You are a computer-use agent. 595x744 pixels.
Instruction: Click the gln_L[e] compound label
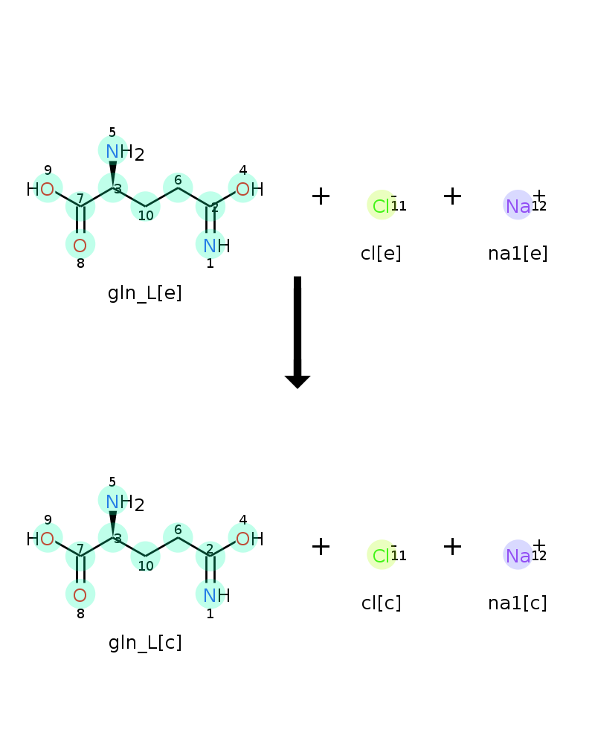(x=145, y=293)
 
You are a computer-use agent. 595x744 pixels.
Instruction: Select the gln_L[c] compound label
(x=145, y=643)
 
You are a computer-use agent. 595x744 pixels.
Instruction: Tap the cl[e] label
(x=381, y=254)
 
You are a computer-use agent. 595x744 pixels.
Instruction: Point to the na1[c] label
(x=518, y=603)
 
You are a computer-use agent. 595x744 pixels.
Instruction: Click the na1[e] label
(x=518, y=254)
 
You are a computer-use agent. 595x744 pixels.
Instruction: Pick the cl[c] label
(x=381, y=603)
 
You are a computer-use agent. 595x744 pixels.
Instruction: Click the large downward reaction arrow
(x=297, y=332)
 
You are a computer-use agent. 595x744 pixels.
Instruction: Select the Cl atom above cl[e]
(x=382, y=206)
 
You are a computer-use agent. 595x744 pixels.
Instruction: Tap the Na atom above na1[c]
(x=518, y=556)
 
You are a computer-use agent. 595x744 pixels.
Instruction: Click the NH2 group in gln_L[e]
(x=125, y=152)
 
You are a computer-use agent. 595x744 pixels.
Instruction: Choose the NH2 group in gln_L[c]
(x=125, y=502)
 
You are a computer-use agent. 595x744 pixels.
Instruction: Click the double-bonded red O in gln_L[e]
(x=80, y=246)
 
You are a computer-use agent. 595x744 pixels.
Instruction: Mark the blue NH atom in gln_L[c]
(x=216, y=595)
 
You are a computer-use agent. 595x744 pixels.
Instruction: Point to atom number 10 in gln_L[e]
(x=145, y=206)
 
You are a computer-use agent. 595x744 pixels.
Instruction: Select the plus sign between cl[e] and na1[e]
(x=452, y=196)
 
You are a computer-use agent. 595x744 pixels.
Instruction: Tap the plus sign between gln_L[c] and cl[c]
(x=321, y=546)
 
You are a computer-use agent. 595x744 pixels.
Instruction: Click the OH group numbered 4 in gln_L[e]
(x=250, y=189)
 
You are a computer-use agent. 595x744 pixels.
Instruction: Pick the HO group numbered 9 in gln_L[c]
(x=40, y=539)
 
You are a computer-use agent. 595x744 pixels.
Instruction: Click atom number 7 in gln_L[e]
(x=80, y=206)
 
